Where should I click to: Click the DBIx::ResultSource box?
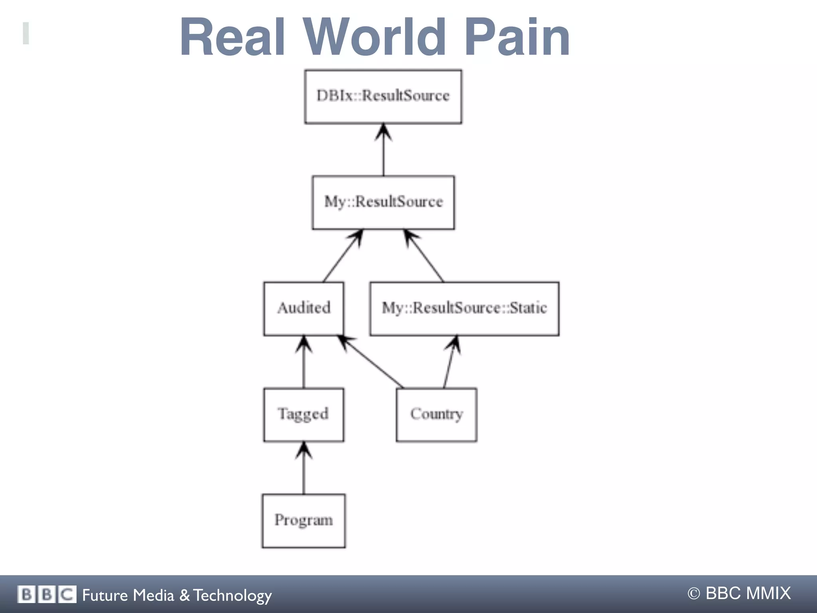click(x=383, y=96)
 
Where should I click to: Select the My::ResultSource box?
click(x=383, y=202)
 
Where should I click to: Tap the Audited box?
click(x=304, y=308)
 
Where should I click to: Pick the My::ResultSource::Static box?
click(x=464, y=308)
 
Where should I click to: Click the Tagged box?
click(x=304, y=415)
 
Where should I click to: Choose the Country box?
click(x=436, y=415)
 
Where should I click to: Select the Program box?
click(x=304, y=521)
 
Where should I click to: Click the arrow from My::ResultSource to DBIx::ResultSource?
click(x=383, y=151)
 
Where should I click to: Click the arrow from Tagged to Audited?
click(x=304, y=363)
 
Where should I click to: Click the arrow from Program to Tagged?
click(x=304, y=469)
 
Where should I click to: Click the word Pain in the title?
click(x=517, y=38)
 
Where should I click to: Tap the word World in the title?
click(x=375, y=38)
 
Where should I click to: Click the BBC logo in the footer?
click(x=46, y=594)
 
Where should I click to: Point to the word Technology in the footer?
click(x=233, y=595)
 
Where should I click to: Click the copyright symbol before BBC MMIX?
click(x=694, y=593)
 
